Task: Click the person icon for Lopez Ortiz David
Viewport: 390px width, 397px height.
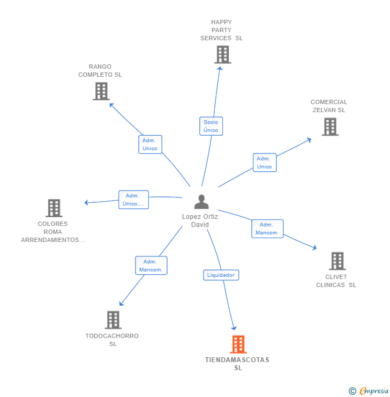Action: (201, 202)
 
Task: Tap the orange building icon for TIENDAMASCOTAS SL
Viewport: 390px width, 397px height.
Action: (238, 344)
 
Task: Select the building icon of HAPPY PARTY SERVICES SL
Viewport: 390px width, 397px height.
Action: (222, 55)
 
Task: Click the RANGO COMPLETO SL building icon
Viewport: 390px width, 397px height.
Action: (101, 91)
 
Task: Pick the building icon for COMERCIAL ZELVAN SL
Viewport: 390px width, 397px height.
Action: (330, 127)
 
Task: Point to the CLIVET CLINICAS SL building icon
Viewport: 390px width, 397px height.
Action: (337, 261)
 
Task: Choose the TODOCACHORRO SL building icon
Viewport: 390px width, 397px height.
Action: (113, 320)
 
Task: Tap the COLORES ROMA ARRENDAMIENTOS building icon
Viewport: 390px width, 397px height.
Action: (54, 208)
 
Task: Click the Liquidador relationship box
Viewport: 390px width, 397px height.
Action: (221, 275)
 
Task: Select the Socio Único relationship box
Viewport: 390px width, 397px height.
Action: (211, 126)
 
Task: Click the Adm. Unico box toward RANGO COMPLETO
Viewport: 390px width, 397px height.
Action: (150, 144)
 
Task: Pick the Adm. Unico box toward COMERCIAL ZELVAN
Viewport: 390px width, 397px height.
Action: (264, 163)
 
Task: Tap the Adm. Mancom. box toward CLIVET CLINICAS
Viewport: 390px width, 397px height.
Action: (267, 229)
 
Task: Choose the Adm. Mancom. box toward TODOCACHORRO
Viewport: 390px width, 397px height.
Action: (151, 266)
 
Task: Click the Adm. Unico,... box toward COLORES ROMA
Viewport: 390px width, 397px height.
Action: (133, 200)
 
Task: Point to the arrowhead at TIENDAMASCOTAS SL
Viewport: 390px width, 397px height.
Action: (234, 327)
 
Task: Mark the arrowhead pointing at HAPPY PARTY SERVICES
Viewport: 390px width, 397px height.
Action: (220, 69)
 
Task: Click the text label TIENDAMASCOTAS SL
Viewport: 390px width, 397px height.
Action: (237, 364)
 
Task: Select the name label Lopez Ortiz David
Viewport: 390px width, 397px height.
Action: (200, 220)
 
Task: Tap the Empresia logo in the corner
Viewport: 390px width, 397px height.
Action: (369, 391)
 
